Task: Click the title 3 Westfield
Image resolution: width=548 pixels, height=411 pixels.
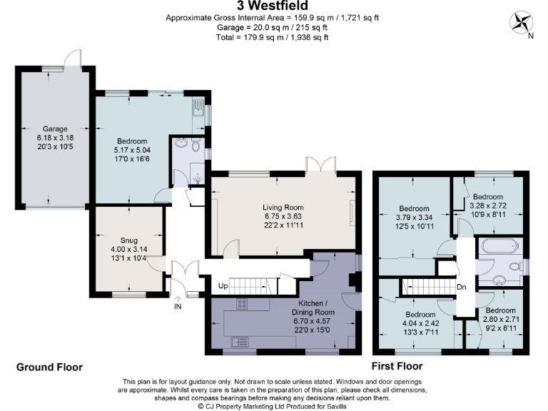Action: pos(273,6)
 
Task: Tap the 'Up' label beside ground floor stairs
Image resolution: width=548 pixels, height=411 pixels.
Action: pos(223,287)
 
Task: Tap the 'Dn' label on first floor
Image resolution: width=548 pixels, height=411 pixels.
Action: pos(462,288)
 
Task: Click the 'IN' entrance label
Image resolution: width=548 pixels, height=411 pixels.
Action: pos(178,306)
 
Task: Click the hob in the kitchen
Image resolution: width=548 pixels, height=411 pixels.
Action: pos(241,303)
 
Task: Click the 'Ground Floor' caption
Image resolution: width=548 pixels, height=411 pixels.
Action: pos(49,367)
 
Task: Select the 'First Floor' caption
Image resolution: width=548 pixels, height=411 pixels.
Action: pos(397,366)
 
